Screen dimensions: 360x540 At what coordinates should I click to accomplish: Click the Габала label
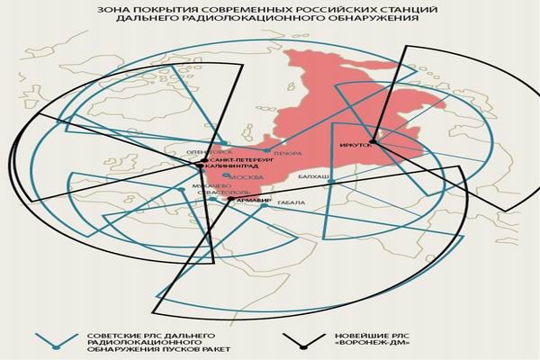[x=289, y=203]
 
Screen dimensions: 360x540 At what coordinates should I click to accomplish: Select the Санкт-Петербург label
[x=239, y=158]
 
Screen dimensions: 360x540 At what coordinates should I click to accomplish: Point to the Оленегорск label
[x=203, y=151]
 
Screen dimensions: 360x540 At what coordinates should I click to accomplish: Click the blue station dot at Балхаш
[x=332, y=183]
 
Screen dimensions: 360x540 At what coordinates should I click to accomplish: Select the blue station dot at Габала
[x=264, y=205]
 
